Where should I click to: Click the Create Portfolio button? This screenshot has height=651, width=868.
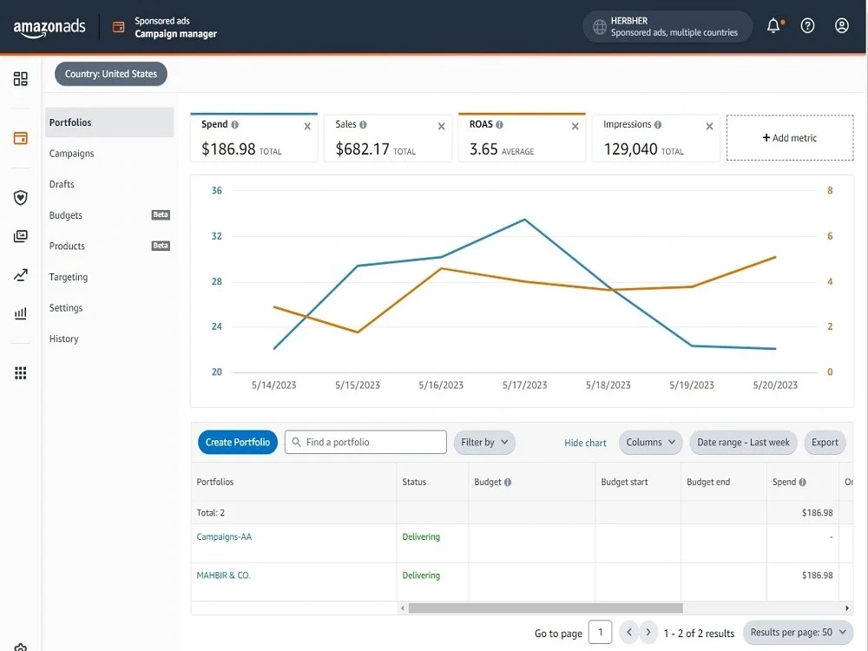click(x=238, y=443)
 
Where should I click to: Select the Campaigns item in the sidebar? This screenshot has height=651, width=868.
click(x=71, y=154)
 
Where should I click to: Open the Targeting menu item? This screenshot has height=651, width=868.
click(x=68, y=277)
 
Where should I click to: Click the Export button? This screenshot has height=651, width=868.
click(x=825, y=443)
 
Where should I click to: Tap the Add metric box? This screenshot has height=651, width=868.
click(x=789, y=138)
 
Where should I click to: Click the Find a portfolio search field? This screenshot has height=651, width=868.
click(x=365, y=443)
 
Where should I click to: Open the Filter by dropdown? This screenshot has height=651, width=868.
click(x=484, y=443)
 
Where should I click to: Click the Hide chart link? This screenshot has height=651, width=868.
click(x=585, y=443)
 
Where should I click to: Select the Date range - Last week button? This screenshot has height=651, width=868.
click(x=743, y=443)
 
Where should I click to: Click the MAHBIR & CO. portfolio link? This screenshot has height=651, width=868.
click(x=224, y=575)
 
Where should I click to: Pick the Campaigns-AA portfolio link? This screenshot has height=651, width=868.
click(x=224, y=536)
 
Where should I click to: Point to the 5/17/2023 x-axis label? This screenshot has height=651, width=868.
click(x=524, y=385)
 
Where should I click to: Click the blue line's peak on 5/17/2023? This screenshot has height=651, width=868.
click(x=525, y=220)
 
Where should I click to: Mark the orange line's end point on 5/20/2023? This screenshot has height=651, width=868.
click(x=775, y=257)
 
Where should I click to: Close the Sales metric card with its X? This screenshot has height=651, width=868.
click(x=441, y=126)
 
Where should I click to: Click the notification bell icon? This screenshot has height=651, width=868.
click(x=773, y=25)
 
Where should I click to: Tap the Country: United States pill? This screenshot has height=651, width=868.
click(x=111, y=74)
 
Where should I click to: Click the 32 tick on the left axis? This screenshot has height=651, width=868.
click(x=216, y=236)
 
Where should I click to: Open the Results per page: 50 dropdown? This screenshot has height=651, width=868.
click(x=798, y=632)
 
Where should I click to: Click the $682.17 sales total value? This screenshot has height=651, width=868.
click(x=363, y=149)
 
